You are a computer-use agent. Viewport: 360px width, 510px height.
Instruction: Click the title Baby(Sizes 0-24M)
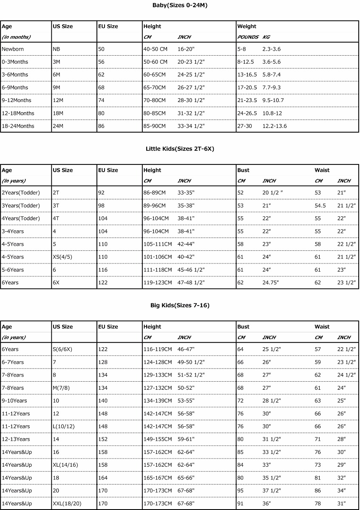pyautogui.click(x=180, y=5)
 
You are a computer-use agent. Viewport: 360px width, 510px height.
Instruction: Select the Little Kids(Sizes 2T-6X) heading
pyautogui.click(x=180, y=149)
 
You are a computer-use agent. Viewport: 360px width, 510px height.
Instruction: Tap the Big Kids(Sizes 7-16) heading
pyautogui.click(x=180, y=305)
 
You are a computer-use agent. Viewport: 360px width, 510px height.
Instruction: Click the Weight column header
pyautogui.click(x=247, y=26)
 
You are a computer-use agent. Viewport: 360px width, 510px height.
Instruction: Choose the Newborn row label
pyautogui.click(x=13, y=49)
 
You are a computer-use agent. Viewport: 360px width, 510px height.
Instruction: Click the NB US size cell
pyautogui.click(x=56, y=49)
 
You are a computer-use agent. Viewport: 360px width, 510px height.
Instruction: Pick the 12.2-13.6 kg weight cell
pyautogui.click(x=275, y=126)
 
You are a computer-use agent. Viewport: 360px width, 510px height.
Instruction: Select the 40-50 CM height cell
pyautogui.click(x=155, y=49)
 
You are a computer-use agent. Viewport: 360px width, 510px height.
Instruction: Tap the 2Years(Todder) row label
pyautogui.click(x=21, y=193)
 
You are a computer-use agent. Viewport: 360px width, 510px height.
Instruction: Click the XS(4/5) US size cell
pyautogui.click(x=62, y=257)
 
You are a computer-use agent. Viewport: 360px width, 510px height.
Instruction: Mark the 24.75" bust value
pyautogui.click(x=271, y=283)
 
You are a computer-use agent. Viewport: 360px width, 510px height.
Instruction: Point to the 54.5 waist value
pyautogui.click(x=320, y=206)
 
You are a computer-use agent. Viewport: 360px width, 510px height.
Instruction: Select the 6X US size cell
pyautogui.click(x=56, y=283)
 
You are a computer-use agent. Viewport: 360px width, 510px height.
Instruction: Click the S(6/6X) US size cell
pyautogui.click(x=62, y=349)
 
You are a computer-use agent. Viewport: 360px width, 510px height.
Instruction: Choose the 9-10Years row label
pyautogui.click(x=14, y=401)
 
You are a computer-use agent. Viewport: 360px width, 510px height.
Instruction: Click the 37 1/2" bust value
pyautogui.click(x=272, y=491)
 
